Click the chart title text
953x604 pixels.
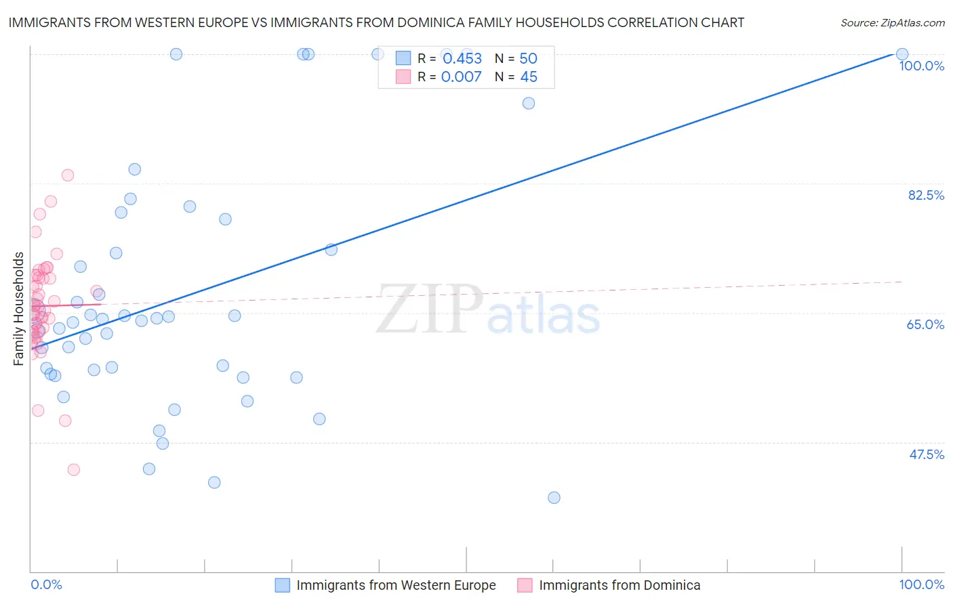click(376, 22)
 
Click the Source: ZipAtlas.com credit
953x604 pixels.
click(892, 23)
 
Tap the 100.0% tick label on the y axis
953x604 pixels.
click(921, 66)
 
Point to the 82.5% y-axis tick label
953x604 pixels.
click(926, 195)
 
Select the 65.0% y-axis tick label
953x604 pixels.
click(925, 324)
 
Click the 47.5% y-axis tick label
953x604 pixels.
click(926, 454)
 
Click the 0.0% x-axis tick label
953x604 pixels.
click(46, 584)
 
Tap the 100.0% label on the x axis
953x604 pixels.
click(921, 584)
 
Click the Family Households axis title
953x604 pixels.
click(19, 309)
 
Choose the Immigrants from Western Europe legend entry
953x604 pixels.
click(396, 585)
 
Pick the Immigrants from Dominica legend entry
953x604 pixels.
click(620, 585)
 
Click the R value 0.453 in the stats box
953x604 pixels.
click(462, 58)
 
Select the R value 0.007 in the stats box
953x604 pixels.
click(462, 77)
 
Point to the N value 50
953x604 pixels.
click(528, 58)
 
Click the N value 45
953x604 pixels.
click(529, 77)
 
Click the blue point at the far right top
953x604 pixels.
click(902, 54)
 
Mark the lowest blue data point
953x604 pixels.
click(554, 498)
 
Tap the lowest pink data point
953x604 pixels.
click(74, 469)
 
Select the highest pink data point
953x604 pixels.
click(68, 175)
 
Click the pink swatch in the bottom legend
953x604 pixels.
click(525, 585)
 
